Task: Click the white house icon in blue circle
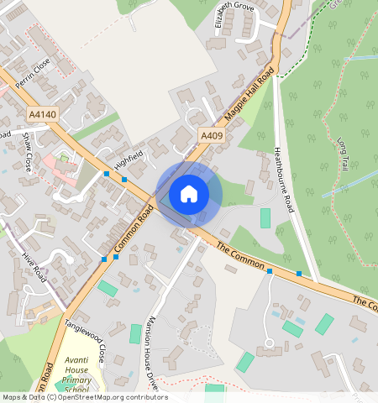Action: point(189,194)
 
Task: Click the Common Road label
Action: point(132,231)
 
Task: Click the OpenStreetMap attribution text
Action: point(84,397)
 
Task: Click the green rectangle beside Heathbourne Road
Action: point(265,218)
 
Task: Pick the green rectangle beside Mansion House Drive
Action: point(135,333)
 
